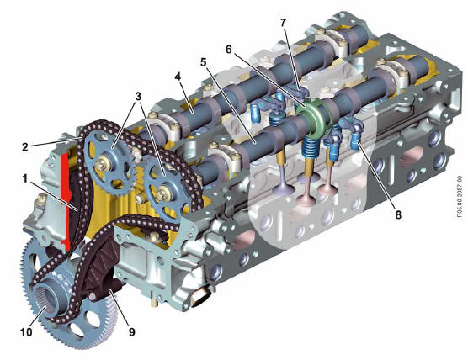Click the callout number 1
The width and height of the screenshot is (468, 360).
[x=24, y=179]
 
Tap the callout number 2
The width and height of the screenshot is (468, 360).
[x=25, y=146]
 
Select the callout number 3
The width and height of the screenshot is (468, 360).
[x=138, y=96]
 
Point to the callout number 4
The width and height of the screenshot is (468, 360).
[x=178, y=77]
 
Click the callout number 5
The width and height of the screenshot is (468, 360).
[x=203, y=62]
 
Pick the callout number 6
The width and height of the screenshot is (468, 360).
[x=229, y=50]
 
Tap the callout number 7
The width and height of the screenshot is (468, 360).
[x=283, y=22]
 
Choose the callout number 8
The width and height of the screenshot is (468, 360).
[x=398, y=214]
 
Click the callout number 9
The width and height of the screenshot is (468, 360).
[x=131, y=332]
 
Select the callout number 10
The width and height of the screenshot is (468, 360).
[x=26, y=332]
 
